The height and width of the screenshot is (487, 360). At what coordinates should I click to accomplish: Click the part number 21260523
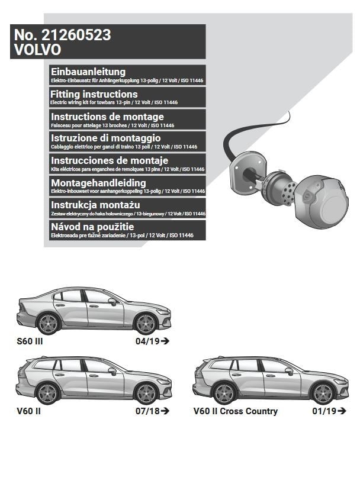[x=76, y=35]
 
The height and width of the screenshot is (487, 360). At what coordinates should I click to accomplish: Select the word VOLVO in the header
[x=38, y=50]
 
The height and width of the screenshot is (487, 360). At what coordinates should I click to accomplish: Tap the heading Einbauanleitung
[x=88, y=72]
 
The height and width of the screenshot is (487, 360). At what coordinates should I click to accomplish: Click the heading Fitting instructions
[x=94, y=94]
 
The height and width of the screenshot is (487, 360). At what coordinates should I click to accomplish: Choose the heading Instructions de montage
[x=107, y=117]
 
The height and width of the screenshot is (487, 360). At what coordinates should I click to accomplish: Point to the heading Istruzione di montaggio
[x=106, y=138]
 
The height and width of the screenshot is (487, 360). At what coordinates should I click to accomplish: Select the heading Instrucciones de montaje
[x=110, y=160]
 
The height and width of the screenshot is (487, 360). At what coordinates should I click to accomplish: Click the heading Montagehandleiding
[x=98, y=183]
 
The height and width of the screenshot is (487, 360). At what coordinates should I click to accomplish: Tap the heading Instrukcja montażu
[x=95, y=205]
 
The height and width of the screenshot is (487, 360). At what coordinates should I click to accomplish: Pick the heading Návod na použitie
[x=92, y=227]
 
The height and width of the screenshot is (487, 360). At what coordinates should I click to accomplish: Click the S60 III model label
[x=30, y=341]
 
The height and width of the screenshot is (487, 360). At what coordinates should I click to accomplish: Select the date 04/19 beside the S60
[x=147, y=341]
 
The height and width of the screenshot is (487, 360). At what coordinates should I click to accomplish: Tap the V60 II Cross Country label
[x=235, y=411]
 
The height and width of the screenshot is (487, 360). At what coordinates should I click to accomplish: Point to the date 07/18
[x=147, y=411]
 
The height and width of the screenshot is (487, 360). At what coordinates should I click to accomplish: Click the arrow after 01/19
[x=342, y=411]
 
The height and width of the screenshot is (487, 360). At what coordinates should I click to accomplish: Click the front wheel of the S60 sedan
[x=145, y=324]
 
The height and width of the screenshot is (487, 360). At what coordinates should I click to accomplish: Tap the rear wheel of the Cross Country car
[x=224, y=394]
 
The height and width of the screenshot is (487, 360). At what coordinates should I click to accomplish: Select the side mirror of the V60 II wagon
[x=112, y=371]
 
